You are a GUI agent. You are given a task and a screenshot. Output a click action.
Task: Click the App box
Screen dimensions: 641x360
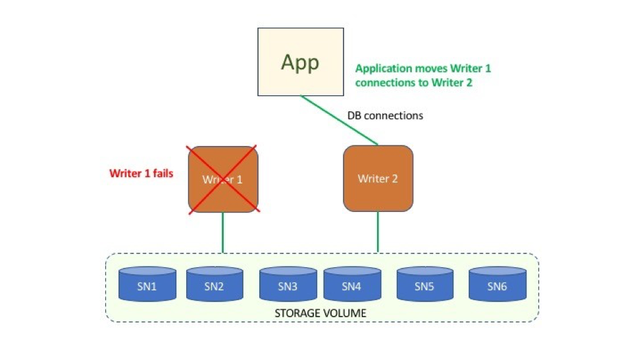[301, 62]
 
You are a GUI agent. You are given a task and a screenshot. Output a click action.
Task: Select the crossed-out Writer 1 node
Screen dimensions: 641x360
[223, 180]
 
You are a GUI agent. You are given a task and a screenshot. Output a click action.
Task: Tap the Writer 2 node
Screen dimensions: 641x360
[378, 178]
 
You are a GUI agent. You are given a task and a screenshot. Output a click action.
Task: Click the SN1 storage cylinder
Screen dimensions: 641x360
[147, 284]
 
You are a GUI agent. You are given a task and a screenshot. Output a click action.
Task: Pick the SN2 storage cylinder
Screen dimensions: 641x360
[215, 284]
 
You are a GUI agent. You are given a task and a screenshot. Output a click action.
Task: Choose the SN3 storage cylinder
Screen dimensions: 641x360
[288, 284]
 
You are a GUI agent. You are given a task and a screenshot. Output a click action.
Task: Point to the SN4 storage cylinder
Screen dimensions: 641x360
[352, 284]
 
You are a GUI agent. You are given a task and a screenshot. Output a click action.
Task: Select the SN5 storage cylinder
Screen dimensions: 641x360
[424, 284]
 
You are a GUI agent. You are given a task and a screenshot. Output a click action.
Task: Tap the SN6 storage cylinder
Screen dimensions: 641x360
[498, 284]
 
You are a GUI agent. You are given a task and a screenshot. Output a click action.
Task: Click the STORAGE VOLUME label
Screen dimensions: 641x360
[320, 313]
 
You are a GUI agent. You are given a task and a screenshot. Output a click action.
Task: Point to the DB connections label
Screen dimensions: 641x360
[385, 116]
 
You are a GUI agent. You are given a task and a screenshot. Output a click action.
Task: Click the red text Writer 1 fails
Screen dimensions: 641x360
[141, 173]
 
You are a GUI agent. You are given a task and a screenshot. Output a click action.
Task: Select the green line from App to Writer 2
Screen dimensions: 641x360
[340, 120]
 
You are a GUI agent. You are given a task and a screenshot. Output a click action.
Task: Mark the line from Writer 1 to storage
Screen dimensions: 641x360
[223, 232]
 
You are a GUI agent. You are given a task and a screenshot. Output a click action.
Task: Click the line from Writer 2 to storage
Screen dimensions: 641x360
[378, 232]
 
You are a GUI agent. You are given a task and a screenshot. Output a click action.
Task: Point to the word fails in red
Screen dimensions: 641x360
[163, 173]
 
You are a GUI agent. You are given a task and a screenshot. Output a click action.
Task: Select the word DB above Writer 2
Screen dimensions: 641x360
[354, 116]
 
